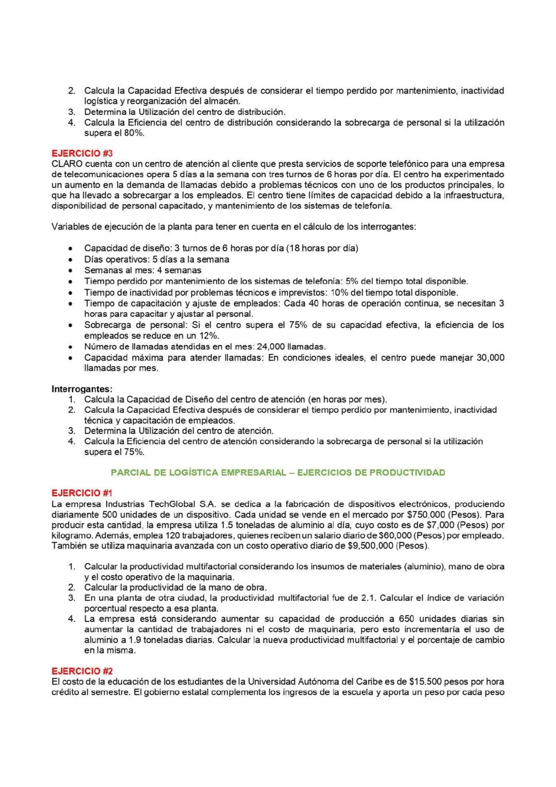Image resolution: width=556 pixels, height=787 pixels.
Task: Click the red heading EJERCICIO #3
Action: [82, 153]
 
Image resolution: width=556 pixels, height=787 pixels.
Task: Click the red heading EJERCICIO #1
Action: [82, 493]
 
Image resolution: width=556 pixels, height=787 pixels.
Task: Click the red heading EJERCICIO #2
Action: [82, 671]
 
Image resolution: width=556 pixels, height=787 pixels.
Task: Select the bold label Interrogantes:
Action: [82, 388]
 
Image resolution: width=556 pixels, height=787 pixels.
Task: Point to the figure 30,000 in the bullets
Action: [490, 357]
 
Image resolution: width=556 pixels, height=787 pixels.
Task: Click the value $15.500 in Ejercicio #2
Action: [425, 681]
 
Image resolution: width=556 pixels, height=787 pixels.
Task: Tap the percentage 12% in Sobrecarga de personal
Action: [207, 336]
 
